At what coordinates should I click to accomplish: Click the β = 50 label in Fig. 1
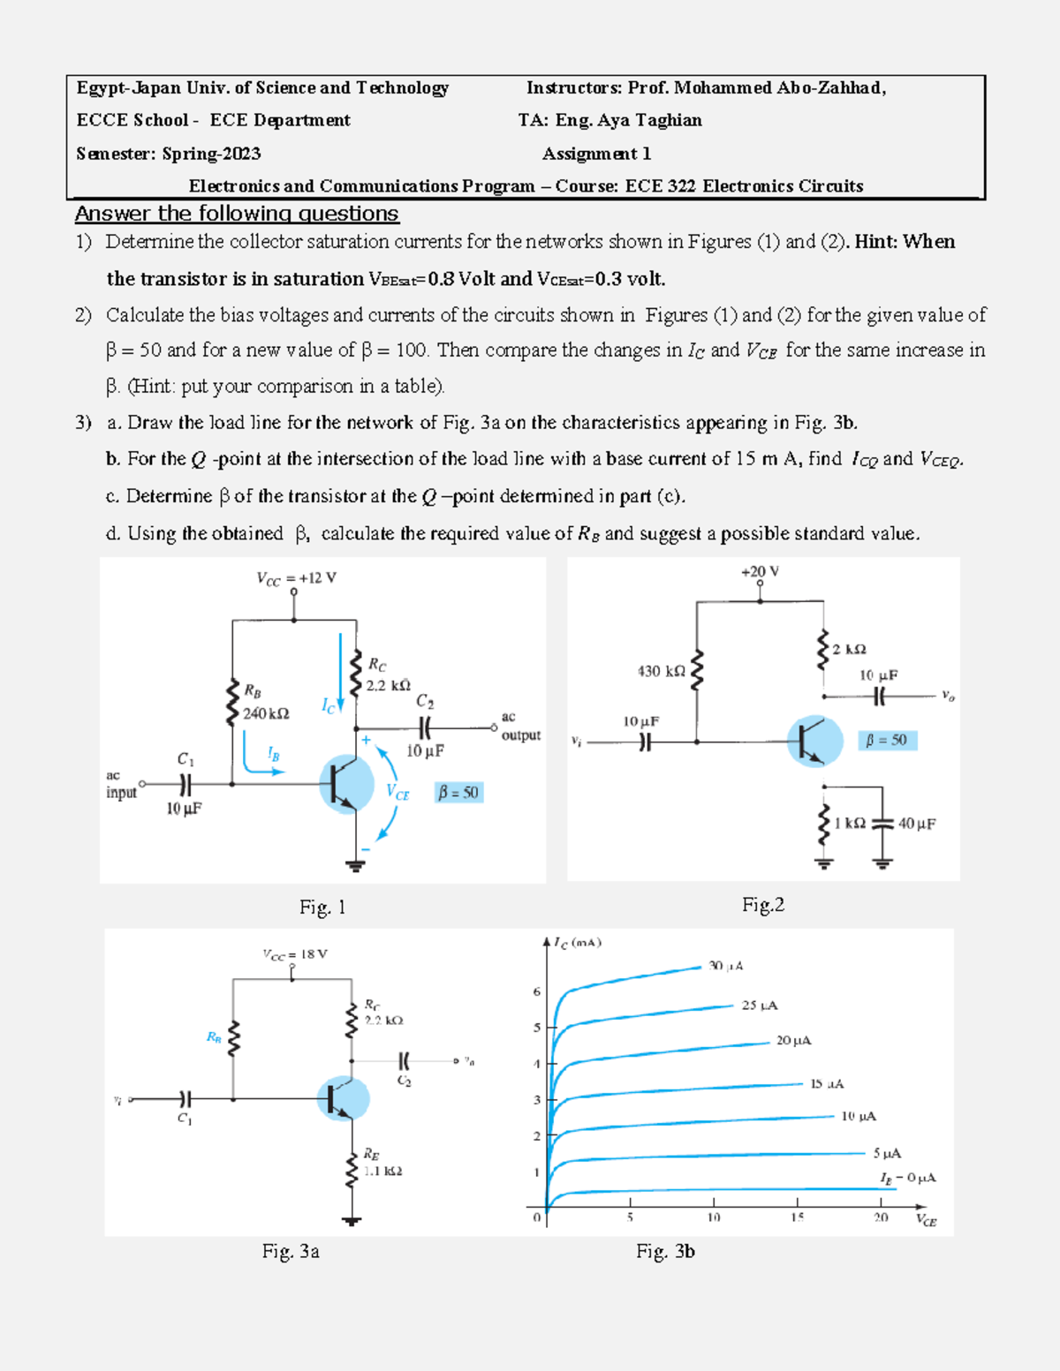(458, 793)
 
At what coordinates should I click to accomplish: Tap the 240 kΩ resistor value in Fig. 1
(266, 713)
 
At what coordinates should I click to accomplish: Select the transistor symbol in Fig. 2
(814, 741)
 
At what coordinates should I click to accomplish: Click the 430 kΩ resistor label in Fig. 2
(661, 671)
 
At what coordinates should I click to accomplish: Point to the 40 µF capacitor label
(916, 824)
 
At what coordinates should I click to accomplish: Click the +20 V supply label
(760, 572)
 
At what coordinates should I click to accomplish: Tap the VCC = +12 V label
(296, 578)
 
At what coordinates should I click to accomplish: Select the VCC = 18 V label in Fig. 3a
(294, 954)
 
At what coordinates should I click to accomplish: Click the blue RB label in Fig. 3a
(214, 1037)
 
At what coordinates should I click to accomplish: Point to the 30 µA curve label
(725, 966)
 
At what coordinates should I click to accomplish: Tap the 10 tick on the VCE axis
(713, 1217)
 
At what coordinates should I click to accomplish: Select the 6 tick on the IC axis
(536, 991)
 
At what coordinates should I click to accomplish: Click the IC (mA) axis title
(577, 943)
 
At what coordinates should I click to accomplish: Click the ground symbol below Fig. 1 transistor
(355, 865)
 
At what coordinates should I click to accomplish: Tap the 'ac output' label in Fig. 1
(520, 727)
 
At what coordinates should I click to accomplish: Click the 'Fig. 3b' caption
(665, 1251)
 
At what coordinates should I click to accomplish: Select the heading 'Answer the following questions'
(237, 214)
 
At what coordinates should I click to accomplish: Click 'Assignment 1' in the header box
(596, 154)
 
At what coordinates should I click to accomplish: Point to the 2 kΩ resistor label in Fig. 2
(849, 650)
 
